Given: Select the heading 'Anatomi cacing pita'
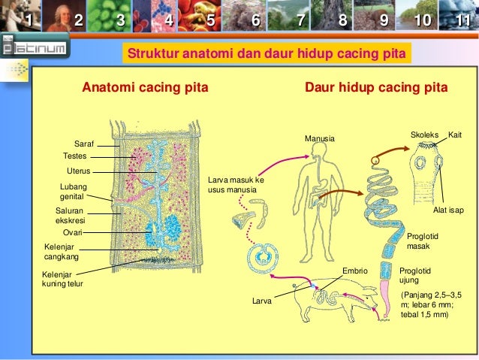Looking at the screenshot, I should tap(145, 88).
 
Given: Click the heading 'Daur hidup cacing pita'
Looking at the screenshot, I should tap(376, 88).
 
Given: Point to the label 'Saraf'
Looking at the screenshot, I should tap(83, 143).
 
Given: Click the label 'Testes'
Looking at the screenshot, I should tap(75, 156).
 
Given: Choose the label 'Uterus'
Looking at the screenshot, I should tap(79, 171).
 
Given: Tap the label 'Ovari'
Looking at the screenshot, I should tap(72, 233).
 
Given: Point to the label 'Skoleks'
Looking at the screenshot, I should tap(424, 135).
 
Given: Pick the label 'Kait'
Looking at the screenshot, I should tap(454, 135).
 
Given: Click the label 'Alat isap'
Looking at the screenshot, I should tap(448, 210).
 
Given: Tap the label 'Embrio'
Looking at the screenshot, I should tap(354, 269).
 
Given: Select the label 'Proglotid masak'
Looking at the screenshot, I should tap(421, 241).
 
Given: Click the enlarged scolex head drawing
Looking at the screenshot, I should tap(425, 169).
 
